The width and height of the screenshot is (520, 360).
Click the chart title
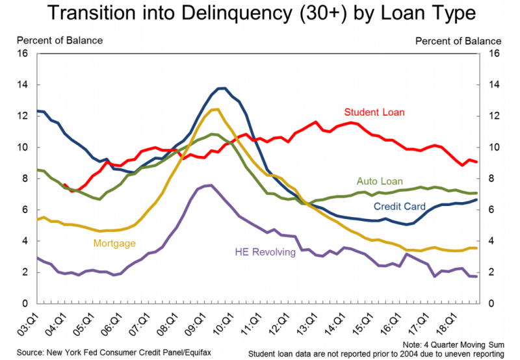click(260, 14)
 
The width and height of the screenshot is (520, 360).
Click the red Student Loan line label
click(374, 112)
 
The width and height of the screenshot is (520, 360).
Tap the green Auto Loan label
click(380, 181)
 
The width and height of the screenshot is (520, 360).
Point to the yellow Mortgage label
click(114, 243)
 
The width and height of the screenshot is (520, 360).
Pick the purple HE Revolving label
click(264, 251)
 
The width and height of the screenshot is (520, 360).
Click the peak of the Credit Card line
click(222, 88)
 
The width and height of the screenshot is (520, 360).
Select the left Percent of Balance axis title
click(60, 40)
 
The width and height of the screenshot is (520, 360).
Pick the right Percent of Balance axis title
click(459, 40)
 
